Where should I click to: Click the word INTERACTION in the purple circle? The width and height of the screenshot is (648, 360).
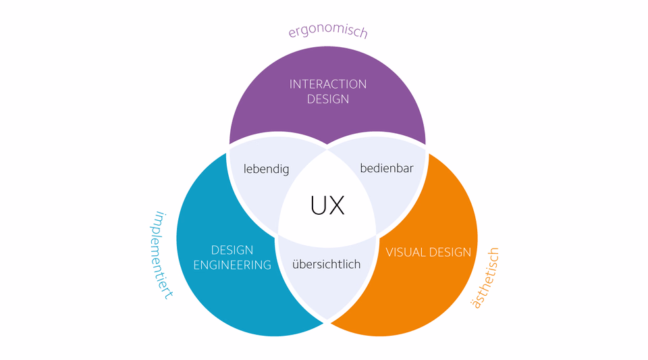(x=328, y=84)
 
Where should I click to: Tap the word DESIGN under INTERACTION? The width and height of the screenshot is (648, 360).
(x=328, y=99)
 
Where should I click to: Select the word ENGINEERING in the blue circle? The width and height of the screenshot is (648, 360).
(x=232, y=265)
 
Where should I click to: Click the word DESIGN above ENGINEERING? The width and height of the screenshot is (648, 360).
(x=232, y=250)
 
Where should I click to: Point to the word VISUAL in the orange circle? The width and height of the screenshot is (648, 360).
(x=405, y=252)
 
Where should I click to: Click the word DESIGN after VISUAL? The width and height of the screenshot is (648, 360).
(x=450, y=252)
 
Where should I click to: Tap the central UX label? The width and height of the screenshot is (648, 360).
(x=327, y=205)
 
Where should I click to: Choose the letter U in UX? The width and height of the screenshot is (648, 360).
(x=319, y=205)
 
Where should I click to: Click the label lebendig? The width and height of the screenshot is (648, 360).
(x=266, y=169)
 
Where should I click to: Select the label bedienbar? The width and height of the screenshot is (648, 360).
(x=387, y=168)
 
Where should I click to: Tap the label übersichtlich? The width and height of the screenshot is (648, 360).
(x=327, y=264)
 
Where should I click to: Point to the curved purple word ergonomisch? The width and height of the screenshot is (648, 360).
(x=328, y=31)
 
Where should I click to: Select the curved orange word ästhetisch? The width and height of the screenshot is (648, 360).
(x=485, y=278)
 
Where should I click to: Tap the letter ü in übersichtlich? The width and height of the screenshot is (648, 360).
(x=296, y=264)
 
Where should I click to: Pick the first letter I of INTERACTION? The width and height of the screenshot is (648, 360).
(x=290, y=84)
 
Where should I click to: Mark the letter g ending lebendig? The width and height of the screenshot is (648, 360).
(x=285, y=170)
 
